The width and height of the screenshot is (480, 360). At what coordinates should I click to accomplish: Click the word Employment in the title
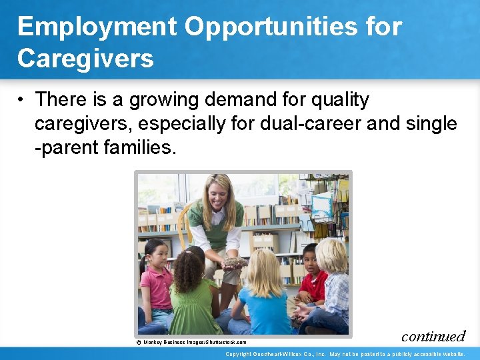pyautogui.click(x=97, y=27)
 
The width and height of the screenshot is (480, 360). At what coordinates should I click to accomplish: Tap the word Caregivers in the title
pyautogui.click(x=85, y=58)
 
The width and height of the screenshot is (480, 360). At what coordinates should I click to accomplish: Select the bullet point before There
pyautogui.click(x=22, y=100)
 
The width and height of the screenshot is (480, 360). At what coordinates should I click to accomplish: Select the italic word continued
pyautogui.click(x=433, y=335)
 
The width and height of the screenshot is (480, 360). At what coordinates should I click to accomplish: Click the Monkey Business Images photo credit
pyautogui.click(x=191, y=342)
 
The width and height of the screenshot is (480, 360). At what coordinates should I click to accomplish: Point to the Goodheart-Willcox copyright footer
pyautogui.click(x=345, y=354)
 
